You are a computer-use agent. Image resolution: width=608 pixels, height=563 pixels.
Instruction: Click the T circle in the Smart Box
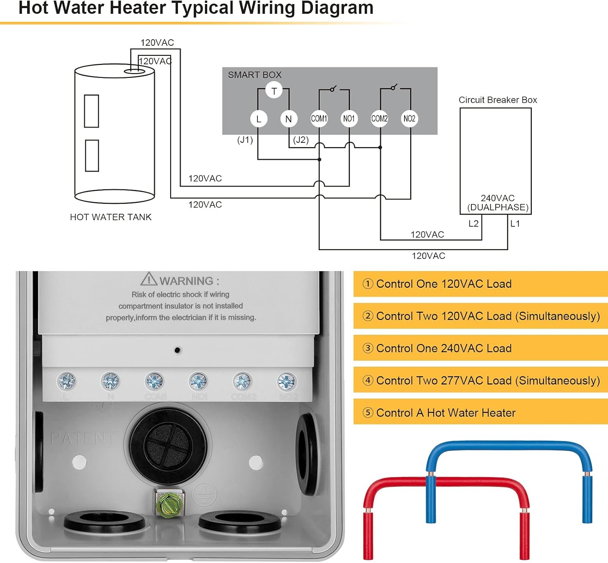[x=274, y=91]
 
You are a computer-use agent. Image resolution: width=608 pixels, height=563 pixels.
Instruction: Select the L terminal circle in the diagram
[x=259, y=119]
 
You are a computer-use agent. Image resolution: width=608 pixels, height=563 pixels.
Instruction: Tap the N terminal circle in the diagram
[x=289, y=119]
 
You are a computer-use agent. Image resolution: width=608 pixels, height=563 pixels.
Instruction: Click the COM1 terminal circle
[x=319, y=119]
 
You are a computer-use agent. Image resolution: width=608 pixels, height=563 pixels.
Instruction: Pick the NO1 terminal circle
[x=349, y=119]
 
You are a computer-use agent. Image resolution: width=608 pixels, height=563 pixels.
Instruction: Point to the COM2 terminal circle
[x=379, y=119]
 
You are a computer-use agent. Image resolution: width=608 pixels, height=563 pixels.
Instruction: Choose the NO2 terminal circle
[x=409, y=119]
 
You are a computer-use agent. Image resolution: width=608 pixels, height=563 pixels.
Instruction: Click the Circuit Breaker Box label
[x=497, y=100]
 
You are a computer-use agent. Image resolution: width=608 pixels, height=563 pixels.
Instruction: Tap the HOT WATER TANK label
[x=111, y=217]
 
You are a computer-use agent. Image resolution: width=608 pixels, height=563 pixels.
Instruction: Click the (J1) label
[x=245, y=140]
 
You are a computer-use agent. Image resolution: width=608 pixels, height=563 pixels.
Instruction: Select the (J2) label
[x=301, y=140]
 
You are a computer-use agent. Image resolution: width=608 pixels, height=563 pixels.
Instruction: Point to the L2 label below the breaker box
[x=473, y=223]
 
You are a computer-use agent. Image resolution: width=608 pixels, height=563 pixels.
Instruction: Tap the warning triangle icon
[x=149, y=279]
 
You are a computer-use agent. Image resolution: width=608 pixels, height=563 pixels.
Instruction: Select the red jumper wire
[x=446, y=484]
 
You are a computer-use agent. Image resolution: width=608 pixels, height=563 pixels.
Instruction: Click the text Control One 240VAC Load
[x=444, y=348]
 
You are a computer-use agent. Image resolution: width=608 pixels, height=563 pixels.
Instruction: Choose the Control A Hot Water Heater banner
[x=480, y=412]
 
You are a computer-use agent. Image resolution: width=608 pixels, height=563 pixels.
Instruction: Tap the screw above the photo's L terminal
[x=67, y=381]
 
